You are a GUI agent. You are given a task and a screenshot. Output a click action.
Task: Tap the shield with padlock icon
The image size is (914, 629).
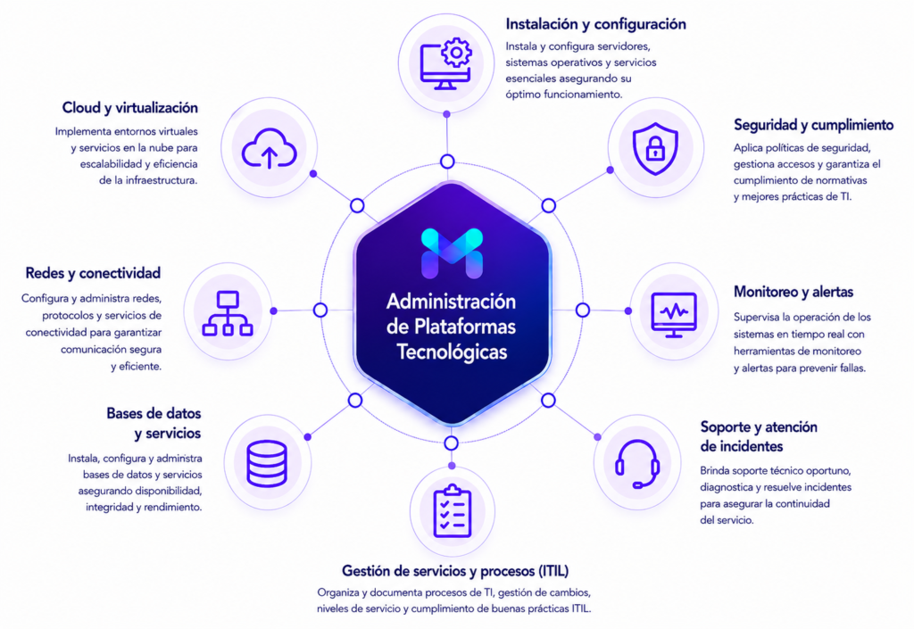tap(655, 148)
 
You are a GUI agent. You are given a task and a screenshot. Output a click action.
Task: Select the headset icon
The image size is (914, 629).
tap(637, 464)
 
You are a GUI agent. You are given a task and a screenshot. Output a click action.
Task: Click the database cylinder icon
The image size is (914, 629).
tap(267, 463)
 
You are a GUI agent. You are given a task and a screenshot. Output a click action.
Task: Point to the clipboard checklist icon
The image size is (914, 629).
tap(452, 510)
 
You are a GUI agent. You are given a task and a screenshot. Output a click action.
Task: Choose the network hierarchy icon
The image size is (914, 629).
tap(228, 313)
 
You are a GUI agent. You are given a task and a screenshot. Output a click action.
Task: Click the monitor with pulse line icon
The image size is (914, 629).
tap(674, 314)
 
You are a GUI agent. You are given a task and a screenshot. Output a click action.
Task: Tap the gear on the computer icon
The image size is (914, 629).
tap(456, 53)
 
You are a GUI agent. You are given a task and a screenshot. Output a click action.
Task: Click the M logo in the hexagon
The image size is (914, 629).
tap(452, 253)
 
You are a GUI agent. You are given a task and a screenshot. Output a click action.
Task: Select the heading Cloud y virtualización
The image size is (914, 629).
tap(130, 108)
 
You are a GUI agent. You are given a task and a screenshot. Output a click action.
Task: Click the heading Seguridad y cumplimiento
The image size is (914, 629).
tap(813, 125)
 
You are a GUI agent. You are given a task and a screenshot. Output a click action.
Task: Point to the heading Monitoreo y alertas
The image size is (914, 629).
tap(794, 292)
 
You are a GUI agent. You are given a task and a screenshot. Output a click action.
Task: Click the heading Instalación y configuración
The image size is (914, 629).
tap(595, 24)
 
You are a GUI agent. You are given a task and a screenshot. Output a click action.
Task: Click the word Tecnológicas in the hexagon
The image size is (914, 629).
tap(452, 352)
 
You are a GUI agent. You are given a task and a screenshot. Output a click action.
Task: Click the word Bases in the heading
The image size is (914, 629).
tap(123, 413)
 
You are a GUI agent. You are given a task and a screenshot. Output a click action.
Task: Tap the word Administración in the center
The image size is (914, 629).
tap(451, 301)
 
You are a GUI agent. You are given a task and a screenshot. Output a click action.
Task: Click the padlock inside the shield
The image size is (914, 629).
tap(655, 149)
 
